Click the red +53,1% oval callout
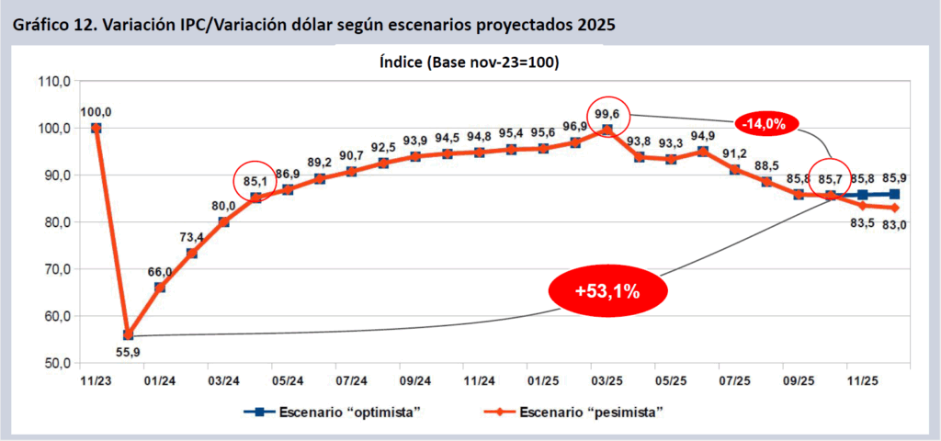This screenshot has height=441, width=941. click(x=607, y=291)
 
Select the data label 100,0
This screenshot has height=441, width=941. click(x=96, y=112)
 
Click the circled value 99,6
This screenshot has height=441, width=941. click(x=606, y=114)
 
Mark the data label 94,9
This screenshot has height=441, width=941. click(x=703, y=135)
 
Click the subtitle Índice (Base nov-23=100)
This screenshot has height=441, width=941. click(x=470, y=63)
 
